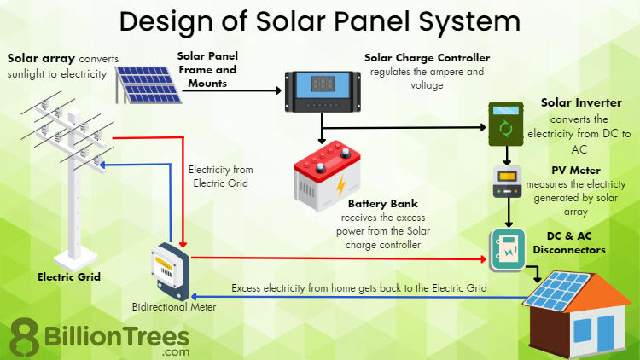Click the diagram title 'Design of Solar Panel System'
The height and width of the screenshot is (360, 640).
(320, 21)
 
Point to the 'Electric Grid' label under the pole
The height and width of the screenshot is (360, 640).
(69, 276)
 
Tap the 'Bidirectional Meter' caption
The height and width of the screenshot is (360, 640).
(174, 305)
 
